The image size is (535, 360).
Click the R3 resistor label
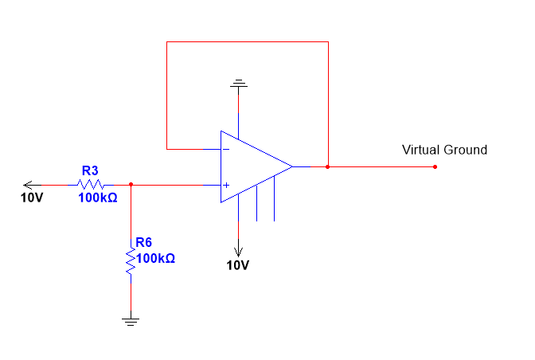point(90,170)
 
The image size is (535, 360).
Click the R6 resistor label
point(145,243)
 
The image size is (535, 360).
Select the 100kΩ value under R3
point(98,197)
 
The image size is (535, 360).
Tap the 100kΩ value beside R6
point(156,258)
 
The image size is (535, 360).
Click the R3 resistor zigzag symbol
point(90,185)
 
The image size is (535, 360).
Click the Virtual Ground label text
point(444,150)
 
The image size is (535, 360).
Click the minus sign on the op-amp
point(226,149)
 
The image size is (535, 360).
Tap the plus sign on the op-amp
point(226,186)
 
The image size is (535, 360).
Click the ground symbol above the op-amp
point(237,83)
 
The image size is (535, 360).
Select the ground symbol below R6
point(131,321)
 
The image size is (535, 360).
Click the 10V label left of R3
point(32,197)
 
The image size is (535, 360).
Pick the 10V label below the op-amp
point(238,264)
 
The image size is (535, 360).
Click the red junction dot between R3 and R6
point(131,185)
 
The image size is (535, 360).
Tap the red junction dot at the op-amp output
point(328,167)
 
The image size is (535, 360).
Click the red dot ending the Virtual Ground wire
point(435,167)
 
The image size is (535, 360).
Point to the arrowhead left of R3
point(28,185)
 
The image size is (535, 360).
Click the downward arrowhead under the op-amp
point(237,247)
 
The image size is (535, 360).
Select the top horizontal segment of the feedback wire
point(247,41)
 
